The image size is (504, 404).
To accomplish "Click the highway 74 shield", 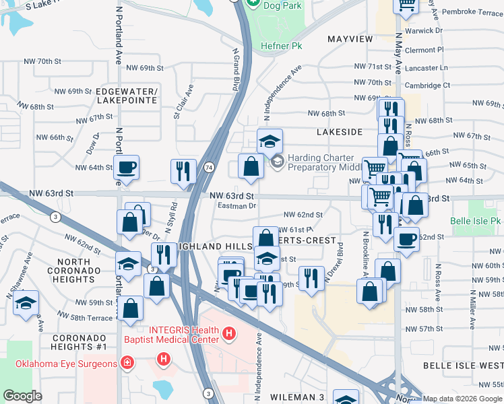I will click(210, 166).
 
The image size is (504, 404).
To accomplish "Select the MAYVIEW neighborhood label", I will click(350, 39).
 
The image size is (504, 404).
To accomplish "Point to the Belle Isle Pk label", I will click(476, 221).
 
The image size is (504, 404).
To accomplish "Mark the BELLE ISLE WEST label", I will click(463, 365).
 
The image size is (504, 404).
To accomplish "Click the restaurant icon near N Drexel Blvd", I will click(311, 277).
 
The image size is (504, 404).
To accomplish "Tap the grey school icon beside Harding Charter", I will click(277, 162).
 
